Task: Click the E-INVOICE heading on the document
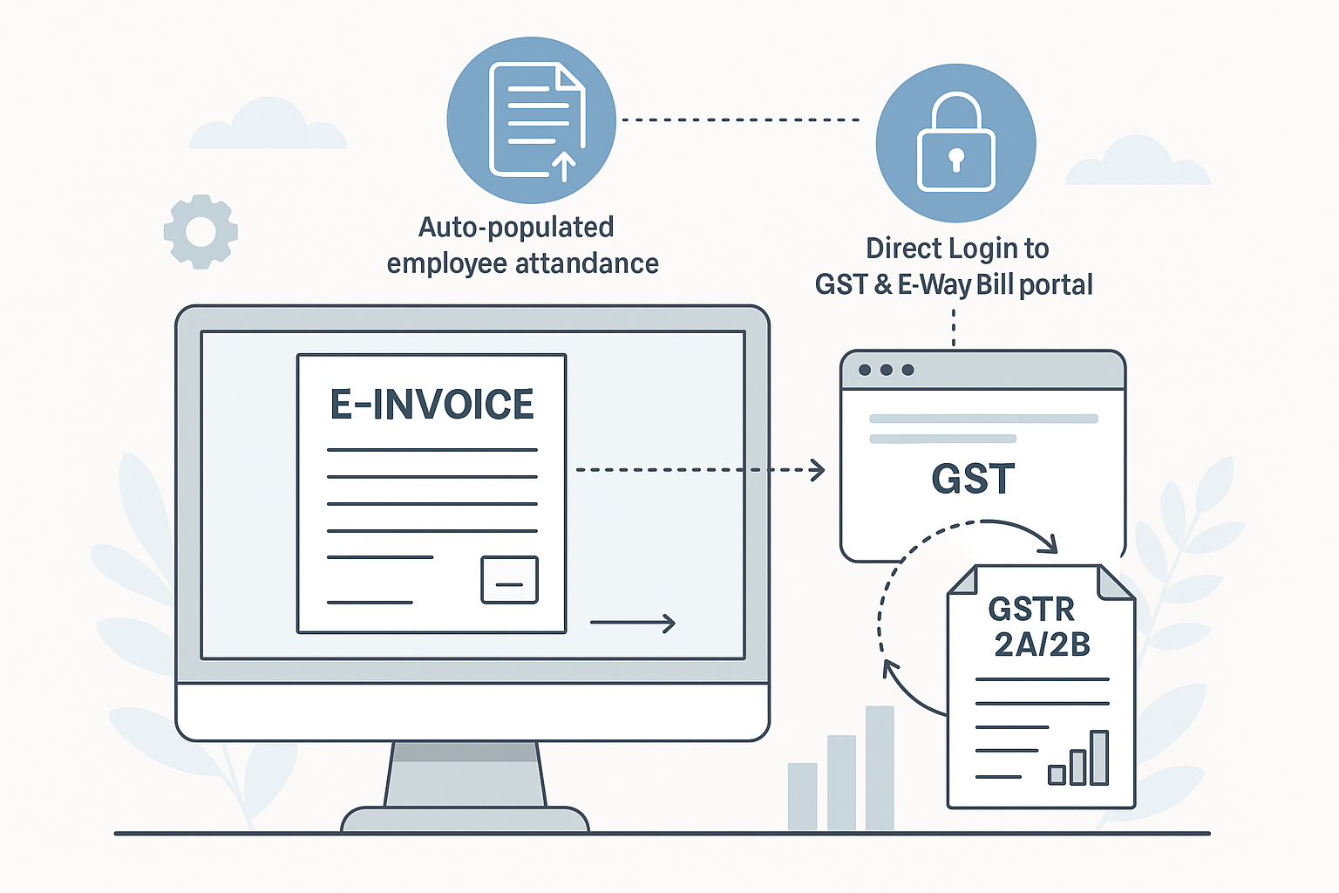click(x=432, y=405)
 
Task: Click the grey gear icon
click(x=201, y=231)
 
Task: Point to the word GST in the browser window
click(x=973, y=479)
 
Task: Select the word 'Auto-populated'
click(x=516, y=227)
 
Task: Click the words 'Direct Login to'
click(x=956, y=249)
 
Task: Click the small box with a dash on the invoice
click(x=509, y=580)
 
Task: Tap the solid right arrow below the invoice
click(x=633, y=623)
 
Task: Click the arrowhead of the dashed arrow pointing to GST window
click(x=818, y=470)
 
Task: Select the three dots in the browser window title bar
click(x=886, y=370)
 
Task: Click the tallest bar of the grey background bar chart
click(x=880, y=767)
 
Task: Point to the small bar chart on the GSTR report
click(x=1078, y=760)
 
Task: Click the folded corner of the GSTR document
click(x=1113, y=583)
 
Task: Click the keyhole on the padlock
click(x=956, y=160)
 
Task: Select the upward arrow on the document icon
click(x=564, y=165)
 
